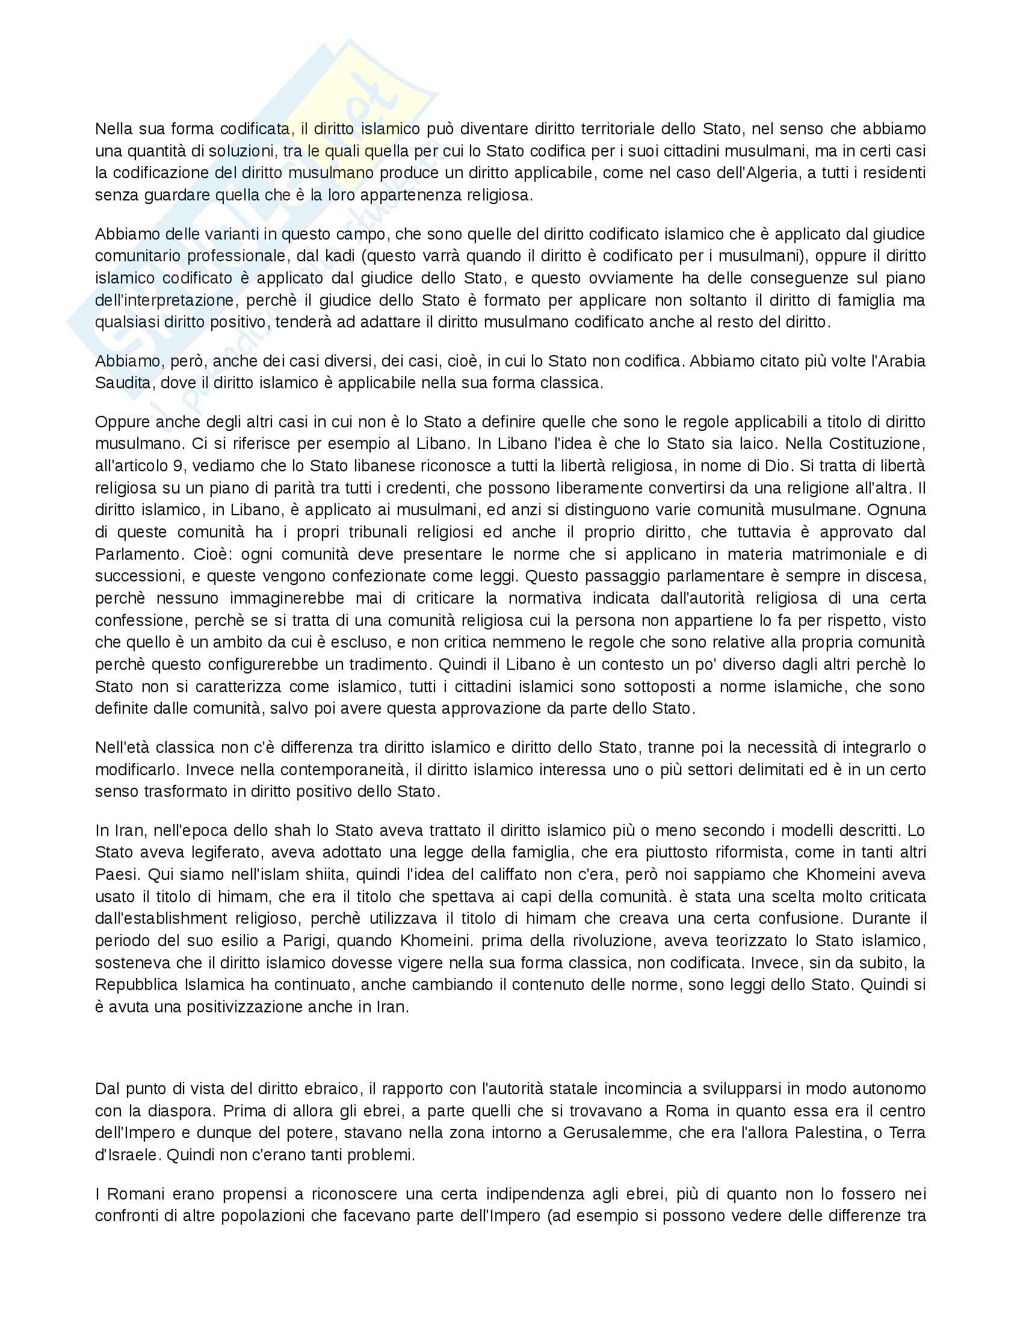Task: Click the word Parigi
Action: (304, 941)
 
